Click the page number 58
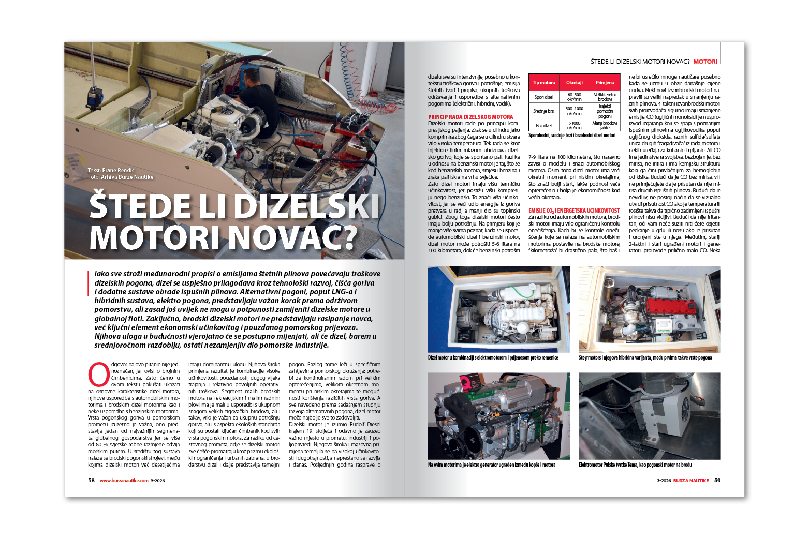point(91,481)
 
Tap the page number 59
point(717,481)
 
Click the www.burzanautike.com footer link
point(124,481)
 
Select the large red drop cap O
point(99,374)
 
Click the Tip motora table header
point(543,83)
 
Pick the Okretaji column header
point(574,83)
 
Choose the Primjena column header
point(605,83)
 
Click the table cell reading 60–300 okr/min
point(574,97)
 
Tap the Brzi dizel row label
point(543,126)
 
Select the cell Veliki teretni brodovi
point(605,97)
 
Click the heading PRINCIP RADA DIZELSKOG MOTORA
point(470,117)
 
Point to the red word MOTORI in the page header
point(705,62)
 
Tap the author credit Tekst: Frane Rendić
point(111,170)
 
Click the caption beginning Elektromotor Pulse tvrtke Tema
point(635,465)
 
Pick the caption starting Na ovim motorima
point(491,465)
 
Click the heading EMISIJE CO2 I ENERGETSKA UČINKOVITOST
point(573,211)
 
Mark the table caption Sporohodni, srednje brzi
point(571,136)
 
